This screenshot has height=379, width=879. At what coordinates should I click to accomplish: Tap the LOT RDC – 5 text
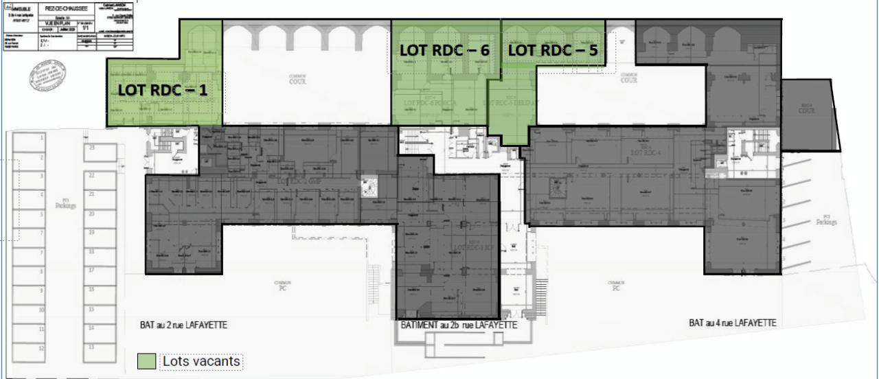[552, 50]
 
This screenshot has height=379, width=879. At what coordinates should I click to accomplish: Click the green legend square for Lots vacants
[146, 360]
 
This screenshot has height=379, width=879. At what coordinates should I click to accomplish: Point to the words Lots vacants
[203, 360]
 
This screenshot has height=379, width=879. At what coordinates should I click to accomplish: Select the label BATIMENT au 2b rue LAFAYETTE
[458, 325]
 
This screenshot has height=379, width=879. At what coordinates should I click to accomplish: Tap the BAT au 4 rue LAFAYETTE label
[733, 323]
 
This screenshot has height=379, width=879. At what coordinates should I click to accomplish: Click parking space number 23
[91, 148]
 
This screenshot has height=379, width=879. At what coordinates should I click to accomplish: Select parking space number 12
[42, 349]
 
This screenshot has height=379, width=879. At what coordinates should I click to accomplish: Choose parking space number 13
[91, 346]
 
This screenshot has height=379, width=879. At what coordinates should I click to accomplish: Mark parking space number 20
[91, 214]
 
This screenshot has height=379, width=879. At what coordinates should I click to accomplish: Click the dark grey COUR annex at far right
[808, 113]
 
